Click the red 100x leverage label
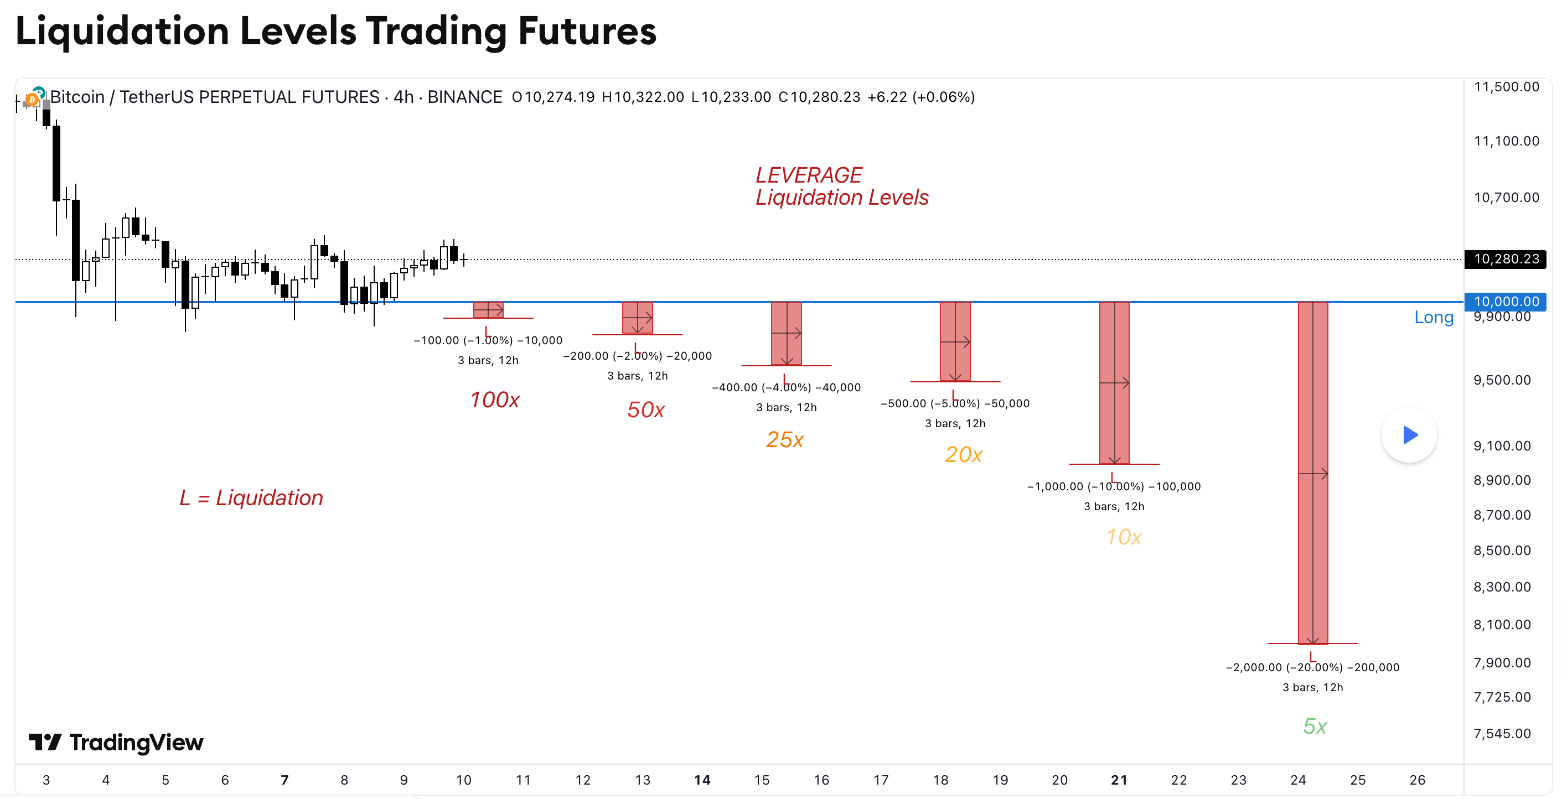pos(495,400)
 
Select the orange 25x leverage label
pos(785,439)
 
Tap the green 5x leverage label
pos(1315,727)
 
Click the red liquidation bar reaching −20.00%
pos(1313,473)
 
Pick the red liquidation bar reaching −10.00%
pos(1114,383)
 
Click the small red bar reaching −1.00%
pos(488,310)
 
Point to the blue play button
pos(1409,435)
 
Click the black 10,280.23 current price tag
pos(1506,259)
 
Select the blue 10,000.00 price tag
pos(1506,302)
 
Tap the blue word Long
pos(1434,317)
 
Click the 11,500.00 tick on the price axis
pos(1506,87)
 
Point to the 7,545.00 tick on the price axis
pos(1502,734)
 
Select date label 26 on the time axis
pos(1417,780)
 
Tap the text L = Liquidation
pos(251,497)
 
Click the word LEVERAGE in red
pos(808,175)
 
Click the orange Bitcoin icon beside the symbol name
pos(32,99)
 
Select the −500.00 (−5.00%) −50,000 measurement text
pos(955,404)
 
